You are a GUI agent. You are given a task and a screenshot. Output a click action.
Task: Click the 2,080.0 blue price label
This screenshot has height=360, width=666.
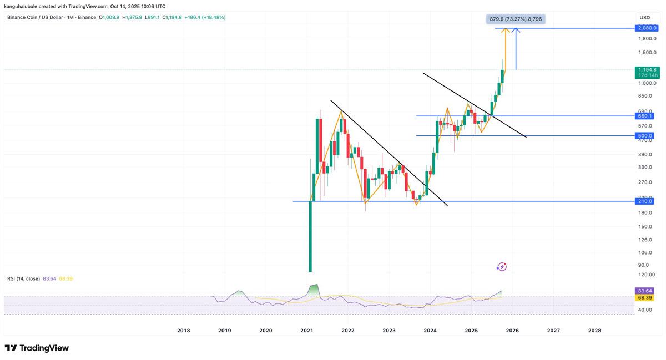coord(647,28)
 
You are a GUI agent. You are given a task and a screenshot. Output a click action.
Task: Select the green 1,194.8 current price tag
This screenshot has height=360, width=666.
coord(647,72)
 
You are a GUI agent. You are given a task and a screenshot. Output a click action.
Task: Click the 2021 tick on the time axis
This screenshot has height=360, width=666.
coord(307,331)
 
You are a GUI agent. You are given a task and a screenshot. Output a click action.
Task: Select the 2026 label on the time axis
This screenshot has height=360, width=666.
coord(512,331)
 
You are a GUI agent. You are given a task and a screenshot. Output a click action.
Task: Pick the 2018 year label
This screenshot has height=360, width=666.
coord(183,331)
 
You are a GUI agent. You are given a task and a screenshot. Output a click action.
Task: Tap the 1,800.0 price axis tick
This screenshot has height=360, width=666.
coord(647,39)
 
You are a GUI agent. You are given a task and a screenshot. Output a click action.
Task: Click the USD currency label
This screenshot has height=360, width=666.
coord(644,18)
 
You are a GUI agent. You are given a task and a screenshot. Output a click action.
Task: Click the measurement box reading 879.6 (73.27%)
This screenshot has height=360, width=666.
coord(516,19)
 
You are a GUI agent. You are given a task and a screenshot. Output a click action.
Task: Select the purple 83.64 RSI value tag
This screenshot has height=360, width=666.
coord(645,291)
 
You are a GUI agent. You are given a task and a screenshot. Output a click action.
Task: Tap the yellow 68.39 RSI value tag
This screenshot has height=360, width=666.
coord(645,298)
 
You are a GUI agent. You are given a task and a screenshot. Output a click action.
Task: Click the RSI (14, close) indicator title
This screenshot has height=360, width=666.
coord(23,278)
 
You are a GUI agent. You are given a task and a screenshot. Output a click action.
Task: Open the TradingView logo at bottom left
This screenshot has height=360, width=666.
coord(37,348)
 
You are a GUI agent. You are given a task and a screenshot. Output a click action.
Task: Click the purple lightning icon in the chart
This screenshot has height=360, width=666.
coord(502,267)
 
